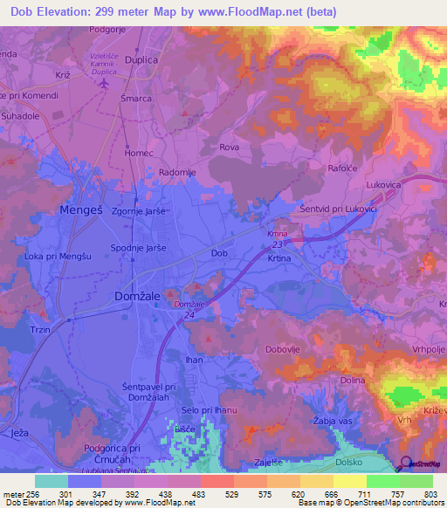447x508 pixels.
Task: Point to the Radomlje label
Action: [178, 173]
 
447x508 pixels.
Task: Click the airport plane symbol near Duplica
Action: [106, 84]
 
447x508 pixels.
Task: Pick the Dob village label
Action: [220, 253]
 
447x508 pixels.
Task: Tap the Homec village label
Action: [138, 153]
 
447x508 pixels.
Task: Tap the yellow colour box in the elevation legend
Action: [349, 481]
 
